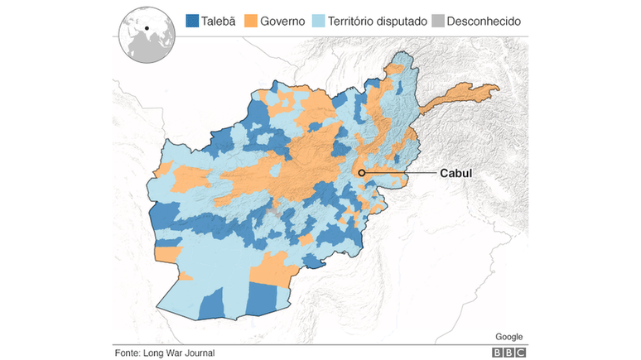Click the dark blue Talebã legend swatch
tap(192, 21)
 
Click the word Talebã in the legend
tap(219, 21)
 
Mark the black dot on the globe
tap(147, 29)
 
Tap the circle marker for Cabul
tap(362, 173)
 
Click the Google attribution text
tap(508, 336)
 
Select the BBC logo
tap(508, 353)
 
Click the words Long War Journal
tap(179, 353)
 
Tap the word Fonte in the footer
tap(128, 353)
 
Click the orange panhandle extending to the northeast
tap(464, 94)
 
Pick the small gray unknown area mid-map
tap(272, 214)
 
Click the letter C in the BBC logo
tap(519, 353)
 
